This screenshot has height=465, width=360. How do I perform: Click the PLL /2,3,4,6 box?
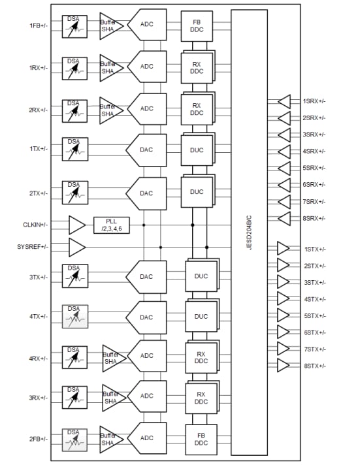click(112, 225)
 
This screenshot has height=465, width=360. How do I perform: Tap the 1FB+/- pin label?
click(38, 25)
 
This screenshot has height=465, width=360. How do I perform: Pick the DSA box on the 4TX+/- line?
click(74, 317)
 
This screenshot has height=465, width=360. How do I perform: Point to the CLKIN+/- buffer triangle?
click(77, 225)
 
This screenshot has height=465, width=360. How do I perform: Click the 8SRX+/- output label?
click(314, 218)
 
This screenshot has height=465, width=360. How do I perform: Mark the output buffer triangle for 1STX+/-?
click(284, 249)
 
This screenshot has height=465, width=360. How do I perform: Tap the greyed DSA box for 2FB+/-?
click(74, 439)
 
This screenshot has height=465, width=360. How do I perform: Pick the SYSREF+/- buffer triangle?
click(77, 247)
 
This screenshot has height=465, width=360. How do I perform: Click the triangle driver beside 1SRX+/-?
click(284, 101)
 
